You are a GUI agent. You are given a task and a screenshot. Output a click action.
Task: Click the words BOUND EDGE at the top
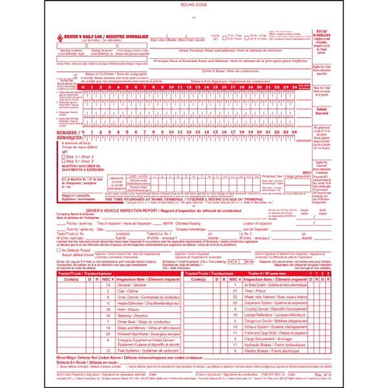tap(194, 4)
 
